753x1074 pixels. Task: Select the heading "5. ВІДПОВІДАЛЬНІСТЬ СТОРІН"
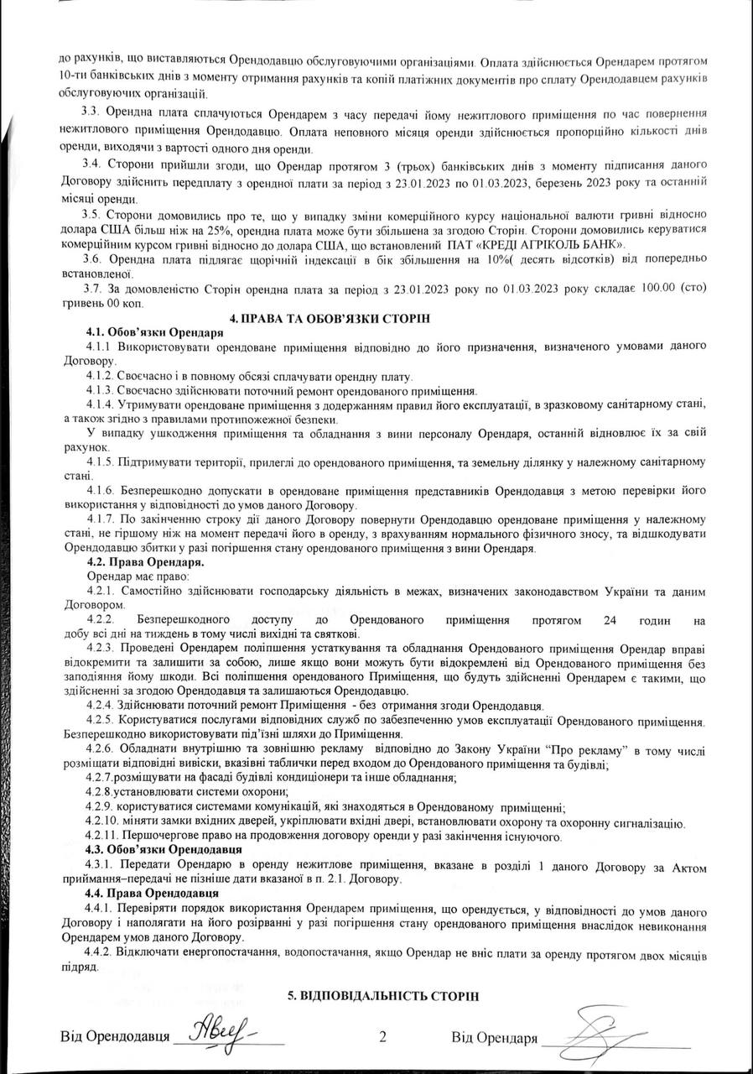point(382,995)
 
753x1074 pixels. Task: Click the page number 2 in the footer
point(382,1037)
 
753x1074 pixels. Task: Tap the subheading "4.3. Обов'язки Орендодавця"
point(159,850)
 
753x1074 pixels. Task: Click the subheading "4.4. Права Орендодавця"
point(146,894)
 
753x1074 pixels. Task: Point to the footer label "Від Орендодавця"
point(111,1038)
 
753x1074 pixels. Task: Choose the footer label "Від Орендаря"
point(494,1038)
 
